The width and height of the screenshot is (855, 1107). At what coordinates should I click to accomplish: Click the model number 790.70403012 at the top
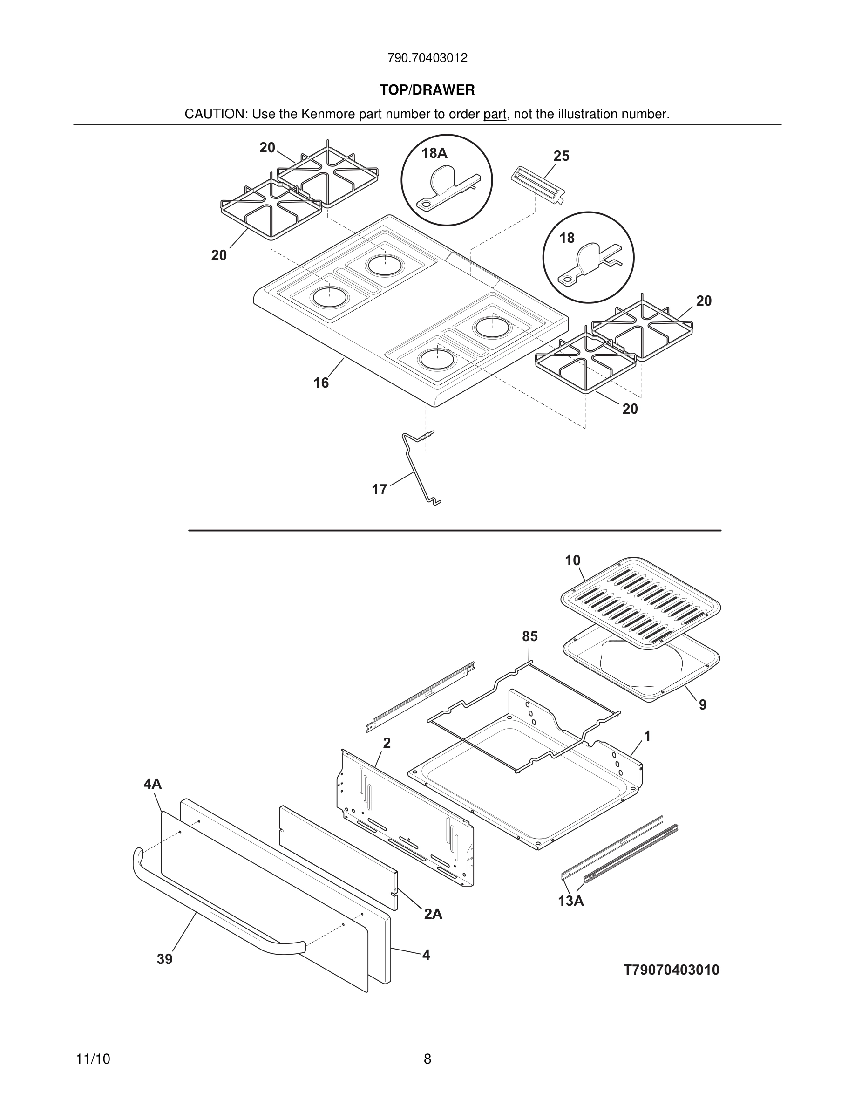pos(427,58)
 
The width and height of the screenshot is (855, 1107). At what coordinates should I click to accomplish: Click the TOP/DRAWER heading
pos(427,90)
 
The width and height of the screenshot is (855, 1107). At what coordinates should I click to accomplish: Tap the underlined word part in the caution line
pos(495,115)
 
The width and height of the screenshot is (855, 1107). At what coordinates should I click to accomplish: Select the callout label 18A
pos(434,153)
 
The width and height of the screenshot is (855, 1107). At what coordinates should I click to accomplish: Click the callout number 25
pos(561,156)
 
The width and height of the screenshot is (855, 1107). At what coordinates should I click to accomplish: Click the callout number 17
pos(379,490)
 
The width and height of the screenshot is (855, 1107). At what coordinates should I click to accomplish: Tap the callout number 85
pos(530,636)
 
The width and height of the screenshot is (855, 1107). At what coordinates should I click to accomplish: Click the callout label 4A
pos(152,784)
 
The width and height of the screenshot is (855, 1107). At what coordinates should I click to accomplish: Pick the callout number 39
pos(164,959)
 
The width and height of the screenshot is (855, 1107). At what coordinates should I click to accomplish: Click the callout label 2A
pos(433,914)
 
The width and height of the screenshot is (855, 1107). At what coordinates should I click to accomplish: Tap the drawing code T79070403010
pos(671,970)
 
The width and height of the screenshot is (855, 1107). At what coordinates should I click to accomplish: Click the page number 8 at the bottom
pos(427,1059)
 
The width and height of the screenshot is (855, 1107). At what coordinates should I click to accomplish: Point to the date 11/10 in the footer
pos(93,1059)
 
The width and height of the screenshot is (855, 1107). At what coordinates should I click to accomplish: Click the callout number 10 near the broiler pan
pos(572,560)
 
